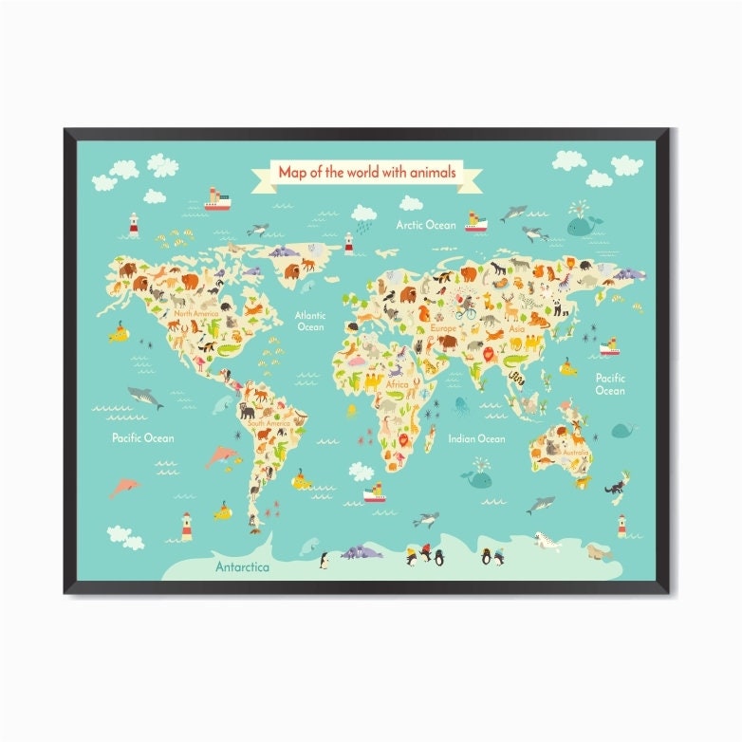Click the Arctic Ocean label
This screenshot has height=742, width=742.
click(426, 225)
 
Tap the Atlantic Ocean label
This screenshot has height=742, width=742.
click(310, 321)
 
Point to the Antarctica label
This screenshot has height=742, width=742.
click(242, 567)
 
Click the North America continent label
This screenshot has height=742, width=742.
click(195, 313)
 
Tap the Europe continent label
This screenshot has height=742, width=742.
click(442, 327)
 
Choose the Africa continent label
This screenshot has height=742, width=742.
click(397, 384)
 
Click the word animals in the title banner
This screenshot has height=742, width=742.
click(434, 173)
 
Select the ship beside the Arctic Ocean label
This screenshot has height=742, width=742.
click(474, 223)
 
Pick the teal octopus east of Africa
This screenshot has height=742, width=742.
click(461, 406)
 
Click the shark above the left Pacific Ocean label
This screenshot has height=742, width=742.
click(145, 397)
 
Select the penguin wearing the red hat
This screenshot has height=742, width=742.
click(426, 554)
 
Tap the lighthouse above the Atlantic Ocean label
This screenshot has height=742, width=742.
click(348, 242)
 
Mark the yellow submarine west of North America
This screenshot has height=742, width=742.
click(119, 332)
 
